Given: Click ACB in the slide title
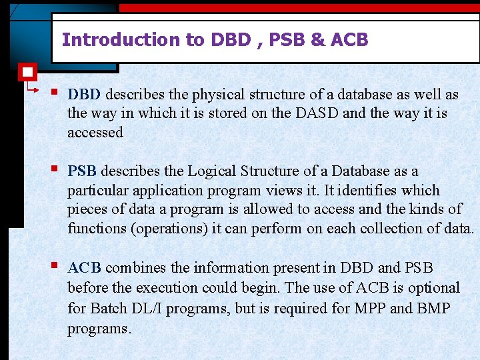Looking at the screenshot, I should tap(349, 40).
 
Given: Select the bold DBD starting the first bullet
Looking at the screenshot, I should tap(85, 95).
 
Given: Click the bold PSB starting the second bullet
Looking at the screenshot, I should tap(83, 171).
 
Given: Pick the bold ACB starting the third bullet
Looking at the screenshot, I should tap(85, 268).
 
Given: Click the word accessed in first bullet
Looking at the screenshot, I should tap(95, 132).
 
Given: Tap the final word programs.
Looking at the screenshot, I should tap(99, 329).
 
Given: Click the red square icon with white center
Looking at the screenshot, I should tap(27, 71).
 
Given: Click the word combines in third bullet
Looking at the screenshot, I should tap(135, 268).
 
